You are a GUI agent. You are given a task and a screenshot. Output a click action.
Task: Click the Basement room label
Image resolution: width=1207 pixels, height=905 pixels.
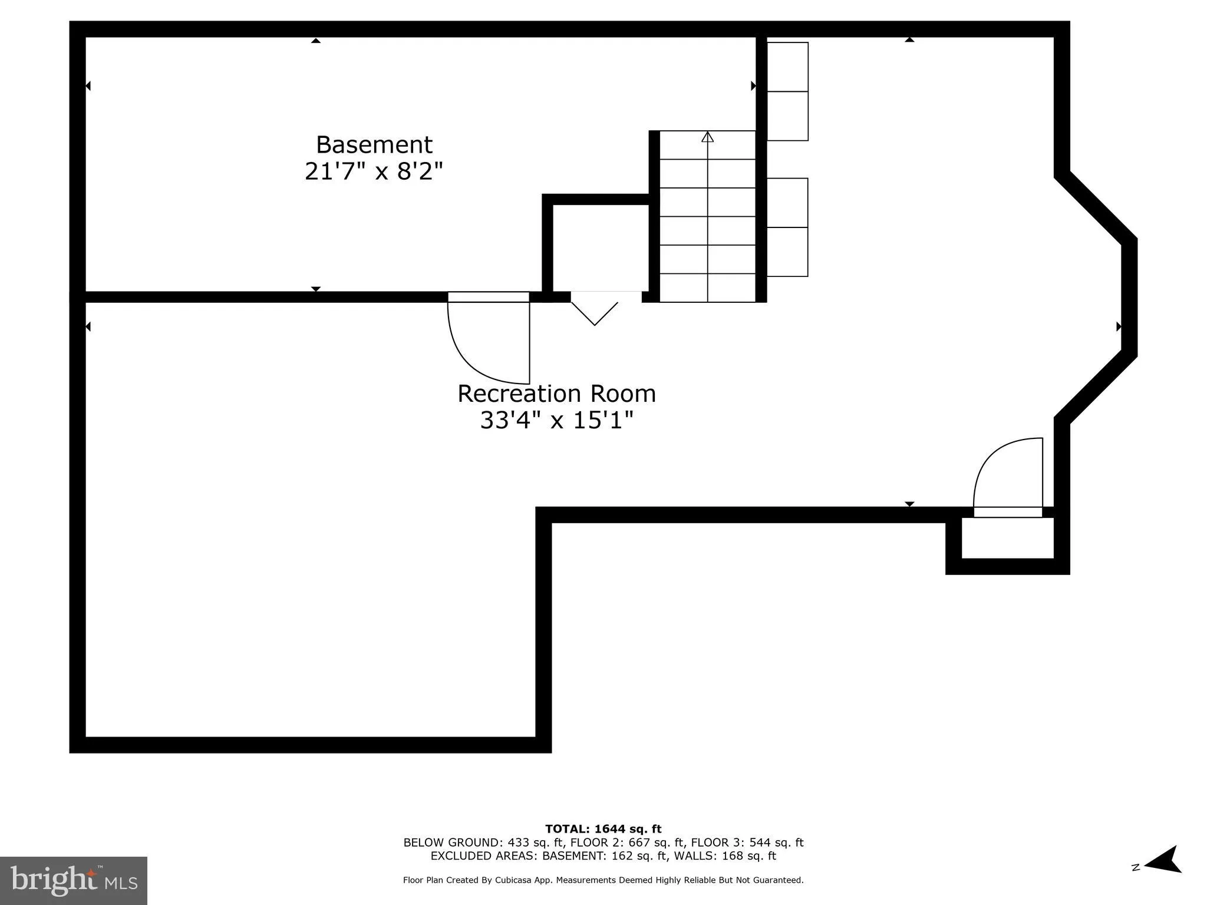tap(374, 145)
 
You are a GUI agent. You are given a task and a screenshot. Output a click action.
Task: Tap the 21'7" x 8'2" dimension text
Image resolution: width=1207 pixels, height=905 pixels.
tap(374, 172)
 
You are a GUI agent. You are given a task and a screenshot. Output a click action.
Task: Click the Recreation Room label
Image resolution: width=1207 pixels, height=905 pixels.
tap(556, 394)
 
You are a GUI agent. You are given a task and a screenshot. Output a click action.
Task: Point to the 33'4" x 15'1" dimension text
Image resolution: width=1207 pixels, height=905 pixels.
tap(556, 421)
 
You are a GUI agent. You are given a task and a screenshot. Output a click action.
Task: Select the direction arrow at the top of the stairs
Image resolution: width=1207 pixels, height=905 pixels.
tap(708, 137)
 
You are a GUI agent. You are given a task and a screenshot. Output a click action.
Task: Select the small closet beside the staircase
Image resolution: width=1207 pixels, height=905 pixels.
tap(601, 247)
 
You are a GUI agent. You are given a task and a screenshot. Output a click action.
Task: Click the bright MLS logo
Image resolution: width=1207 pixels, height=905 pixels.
tap(74, 880)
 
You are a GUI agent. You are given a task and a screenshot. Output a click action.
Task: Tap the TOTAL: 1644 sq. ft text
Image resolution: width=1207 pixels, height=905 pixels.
tap(603, 829)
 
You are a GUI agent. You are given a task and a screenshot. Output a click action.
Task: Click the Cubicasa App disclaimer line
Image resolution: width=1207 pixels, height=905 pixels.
tap(603, 880)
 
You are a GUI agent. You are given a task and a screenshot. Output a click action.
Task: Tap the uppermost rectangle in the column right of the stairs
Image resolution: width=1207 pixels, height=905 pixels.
tap(787, 67)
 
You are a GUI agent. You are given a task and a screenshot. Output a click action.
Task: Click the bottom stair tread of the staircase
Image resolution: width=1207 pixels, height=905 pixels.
tap(708, 288)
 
